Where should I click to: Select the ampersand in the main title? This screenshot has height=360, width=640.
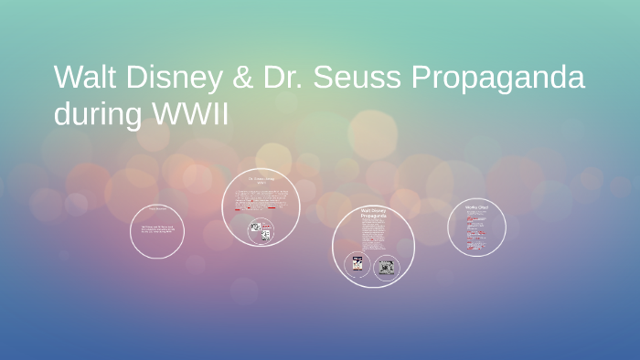(x=241, y=78)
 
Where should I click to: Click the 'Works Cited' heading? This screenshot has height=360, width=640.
(x=476, y=207)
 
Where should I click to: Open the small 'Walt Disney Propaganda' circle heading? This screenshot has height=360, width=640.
(x=373, y=217)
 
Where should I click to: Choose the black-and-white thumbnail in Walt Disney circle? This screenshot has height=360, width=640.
(x=387, y=267)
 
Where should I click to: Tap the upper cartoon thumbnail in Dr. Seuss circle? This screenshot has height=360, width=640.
(x=257, y=226)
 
